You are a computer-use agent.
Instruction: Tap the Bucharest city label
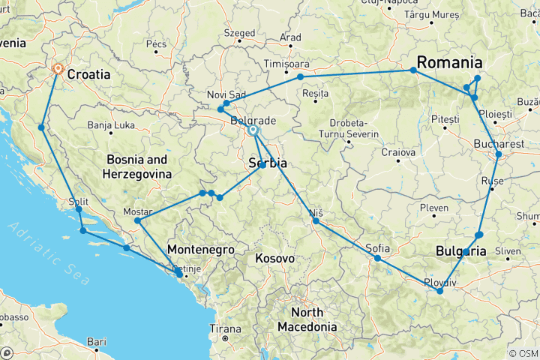tap(499, 143)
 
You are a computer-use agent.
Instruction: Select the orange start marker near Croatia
tap(58, 69)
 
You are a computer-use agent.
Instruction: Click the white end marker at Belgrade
tap(253, 130)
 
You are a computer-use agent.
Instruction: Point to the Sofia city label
tap(378, 247)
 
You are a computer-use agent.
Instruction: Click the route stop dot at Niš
tap(316, 220)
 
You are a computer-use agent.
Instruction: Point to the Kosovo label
tap(274, 258)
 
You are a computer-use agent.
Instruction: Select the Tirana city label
tap(225, 328)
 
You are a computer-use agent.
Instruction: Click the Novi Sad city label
tap(226, 94)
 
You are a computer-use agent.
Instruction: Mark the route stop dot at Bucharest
tap(499, 154)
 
